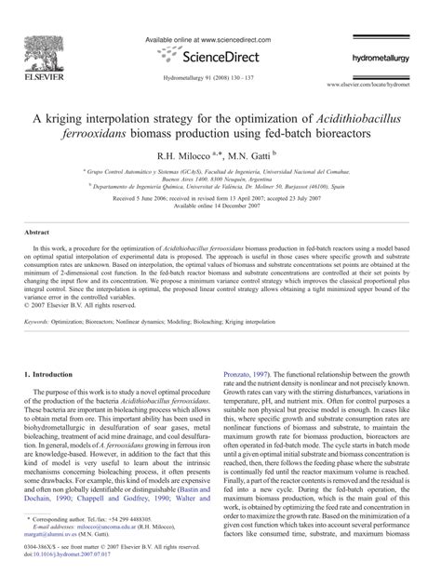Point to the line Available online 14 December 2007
[220, 206]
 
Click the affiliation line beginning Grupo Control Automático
[219, 172]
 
